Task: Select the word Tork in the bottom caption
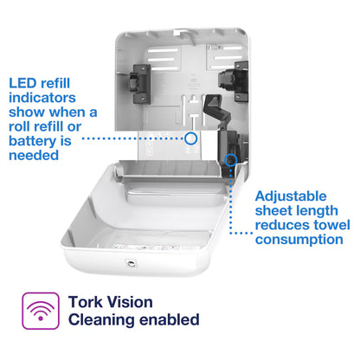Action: point(87,303)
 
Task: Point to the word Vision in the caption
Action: point(133,303)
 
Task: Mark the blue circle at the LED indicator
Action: point(191,137)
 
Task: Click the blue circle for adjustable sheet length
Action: point(231,158)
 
